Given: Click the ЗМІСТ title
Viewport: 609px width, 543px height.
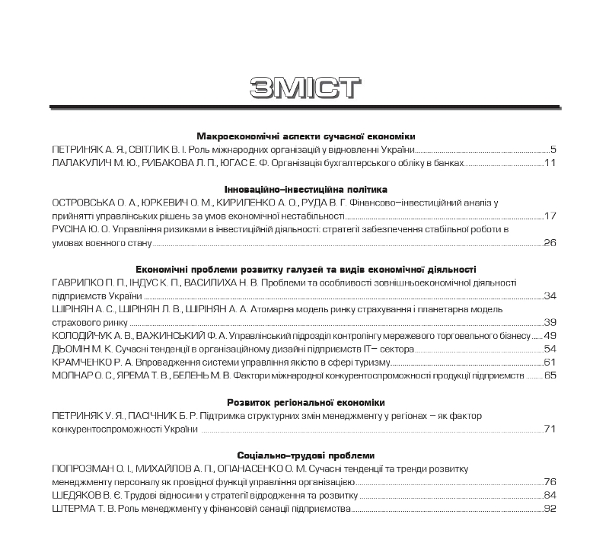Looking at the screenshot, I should click(x=304, y=87).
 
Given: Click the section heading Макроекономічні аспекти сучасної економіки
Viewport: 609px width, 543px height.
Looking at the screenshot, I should click(x=305, y=133).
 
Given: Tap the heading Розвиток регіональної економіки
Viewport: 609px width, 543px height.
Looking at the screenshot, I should click(x=305, y=401).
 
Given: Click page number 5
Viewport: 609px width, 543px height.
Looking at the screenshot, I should click(x=554, y=149).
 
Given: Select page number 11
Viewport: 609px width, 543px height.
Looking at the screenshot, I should click(x=551, y=163).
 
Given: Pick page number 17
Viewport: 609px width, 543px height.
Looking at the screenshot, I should click(x=551, y=216).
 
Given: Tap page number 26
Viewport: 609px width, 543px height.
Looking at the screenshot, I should click(x=551, y=243).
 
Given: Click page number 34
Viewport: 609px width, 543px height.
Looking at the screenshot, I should click(x=551, y=295).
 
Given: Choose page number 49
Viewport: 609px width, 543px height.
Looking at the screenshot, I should click(x=551, y=335).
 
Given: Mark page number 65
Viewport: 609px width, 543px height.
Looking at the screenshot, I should click(x=551, y=375).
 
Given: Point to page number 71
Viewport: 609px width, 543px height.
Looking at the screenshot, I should click(x=551, y=429).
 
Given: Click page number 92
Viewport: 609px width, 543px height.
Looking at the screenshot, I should click(x=551, y=508).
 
